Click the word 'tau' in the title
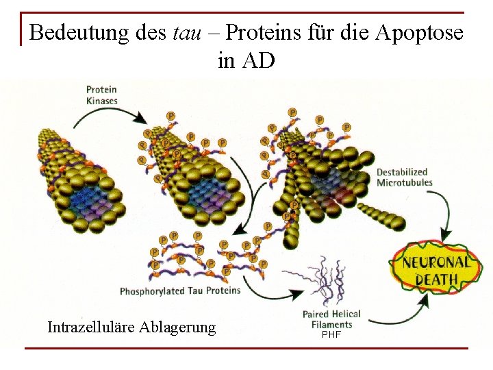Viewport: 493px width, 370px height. [187, 32]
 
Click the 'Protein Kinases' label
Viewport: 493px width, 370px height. [102, 95]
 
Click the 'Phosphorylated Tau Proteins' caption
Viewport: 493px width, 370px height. [180, 291]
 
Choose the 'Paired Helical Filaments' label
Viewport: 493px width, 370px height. [331, 319]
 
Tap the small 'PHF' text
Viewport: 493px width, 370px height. [331, 334]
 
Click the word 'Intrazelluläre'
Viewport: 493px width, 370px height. [91, 327]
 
